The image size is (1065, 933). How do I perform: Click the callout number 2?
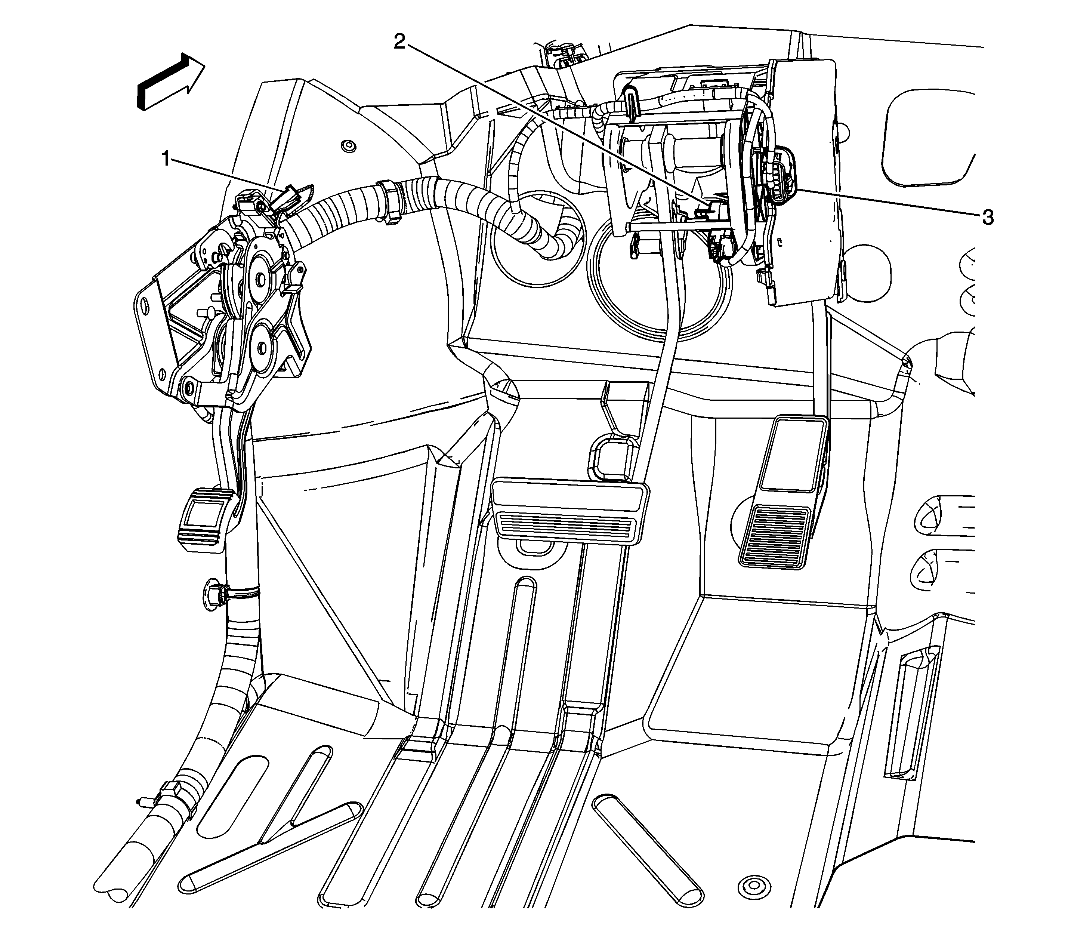[x=399, y=41]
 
